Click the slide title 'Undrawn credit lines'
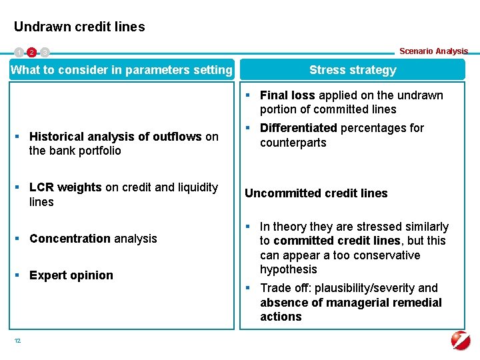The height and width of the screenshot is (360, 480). pos(79,27)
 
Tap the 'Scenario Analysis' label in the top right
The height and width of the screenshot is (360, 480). pos(433,51)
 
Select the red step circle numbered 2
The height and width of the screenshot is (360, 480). pos(31,52)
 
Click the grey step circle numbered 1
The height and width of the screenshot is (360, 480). pos(19,52)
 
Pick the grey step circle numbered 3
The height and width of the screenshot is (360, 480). pos(45,52)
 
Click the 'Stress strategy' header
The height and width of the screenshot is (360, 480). pos(353,70)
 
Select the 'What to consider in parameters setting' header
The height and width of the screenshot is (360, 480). pos(122,70)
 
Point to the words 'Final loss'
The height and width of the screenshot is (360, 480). pos(287,95)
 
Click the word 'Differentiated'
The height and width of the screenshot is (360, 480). pos(298,128)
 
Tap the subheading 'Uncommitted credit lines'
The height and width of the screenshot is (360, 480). pos(316,193)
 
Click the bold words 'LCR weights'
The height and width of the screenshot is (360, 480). pos(65,187)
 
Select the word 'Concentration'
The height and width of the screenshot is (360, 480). pos(70,239)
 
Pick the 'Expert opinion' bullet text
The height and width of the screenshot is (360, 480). pos(71,275)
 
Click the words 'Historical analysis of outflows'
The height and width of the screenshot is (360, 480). pos(115,137)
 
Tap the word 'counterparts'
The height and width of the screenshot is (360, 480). pos(293,143)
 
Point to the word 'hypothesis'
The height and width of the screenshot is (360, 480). pos(288,269)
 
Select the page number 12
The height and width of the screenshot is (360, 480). pos(17,341)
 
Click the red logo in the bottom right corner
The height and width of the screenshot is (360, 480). pos(461,340)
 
